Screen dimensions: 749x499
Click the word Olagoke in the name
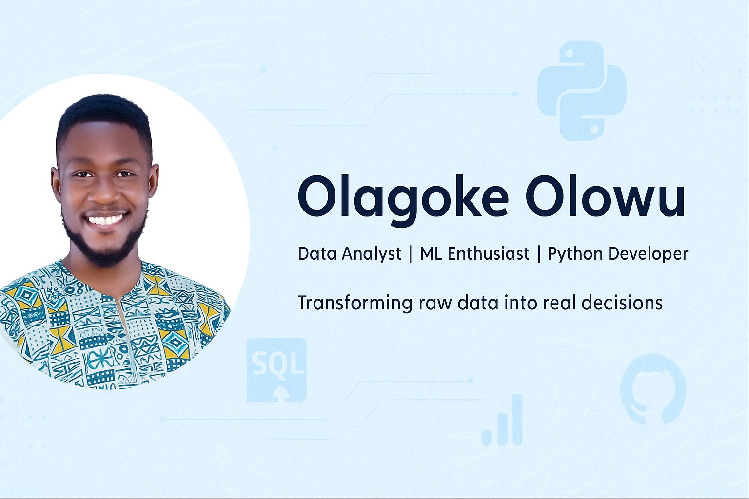(403, 200)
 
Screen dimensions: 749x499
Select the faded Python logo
(581, 91)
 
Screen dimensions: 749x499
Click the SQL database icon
(276, 370)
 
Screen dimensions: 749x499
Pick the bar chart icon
(502, 420)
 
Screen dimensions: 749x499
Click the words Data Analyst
(350, 254)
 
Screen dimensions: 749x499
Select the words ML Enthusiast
(474, 254)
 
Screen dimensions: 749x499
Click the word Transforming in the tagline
(355, 303)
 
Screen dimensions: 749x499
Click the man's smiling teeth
(105, 220)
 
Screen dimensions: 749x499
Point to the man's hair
(104, 114)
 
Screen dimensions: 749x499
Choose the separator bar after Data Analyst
(411, 254)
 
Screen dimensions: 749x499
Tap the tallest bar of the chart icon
(517, 420)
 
